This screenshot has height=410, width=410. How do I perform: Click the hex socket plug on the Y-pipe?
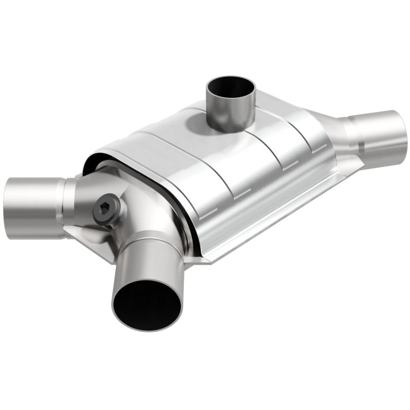coord(106,209)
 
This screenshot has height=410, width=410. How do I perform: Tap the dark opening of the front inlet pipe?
coord(147,305)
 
